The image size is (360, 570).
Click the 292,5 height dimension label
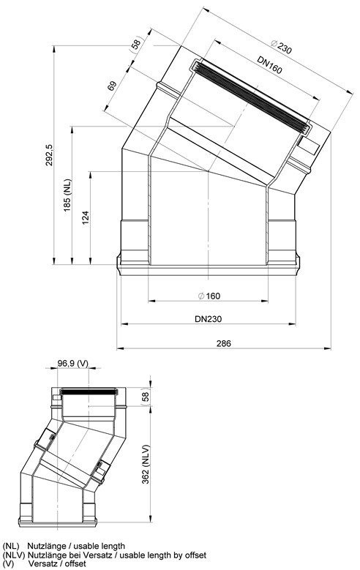coord(49,155)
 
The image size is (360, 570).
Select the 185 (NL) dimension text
coord(67,196)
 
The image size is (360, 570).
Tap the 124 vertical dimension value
coord(86,217)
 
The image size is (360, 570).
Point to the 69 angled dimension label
coord(112,86)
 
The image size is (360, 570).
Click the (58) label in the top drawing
coord(135,45)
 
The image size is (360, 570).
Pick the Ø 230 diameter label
coord(281,46)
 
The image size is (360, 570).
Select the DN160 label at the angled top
coord(269,64)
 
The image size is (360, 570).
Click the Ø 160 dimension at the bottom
coord(209,296)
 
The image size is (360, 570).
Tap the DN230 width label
coord(208,319)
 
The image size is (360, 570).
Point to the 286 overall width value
coord(224,343)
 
